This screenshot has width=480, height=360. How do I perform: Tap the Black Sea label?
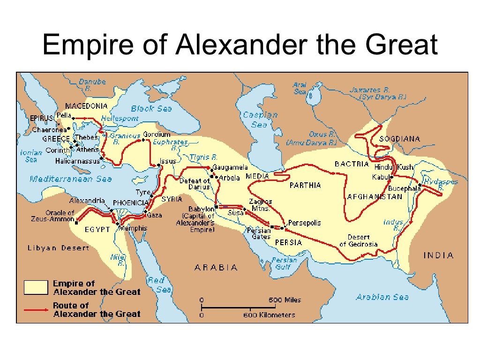[x=151, y=108]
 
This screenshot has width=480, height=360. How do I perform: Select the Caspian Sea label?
[x=260, y=120]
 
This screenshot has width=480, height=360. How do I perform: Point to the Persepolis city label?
[x=304, y=223]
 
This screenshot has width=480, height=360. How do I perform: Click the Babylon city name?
[x=201, y=209]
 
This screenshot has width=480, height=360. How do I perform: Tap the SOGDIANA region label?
[x=399, y=139]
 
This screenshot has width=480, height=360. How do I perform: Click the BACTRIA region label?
[x=352, y=164]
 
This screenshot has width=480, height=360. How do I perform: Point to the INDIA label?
[x=438, y=255]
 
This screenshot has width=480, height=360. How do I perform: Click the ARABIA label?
[x=216, y=267]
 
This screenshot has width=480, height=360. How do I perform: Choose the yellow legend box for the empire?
[x=36, y=287]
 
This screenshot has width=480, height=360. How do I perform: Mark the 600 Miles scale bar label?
[x=285, y=300]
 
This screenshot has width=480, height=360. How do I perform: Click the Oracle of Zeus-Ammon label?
[x=60, y=216]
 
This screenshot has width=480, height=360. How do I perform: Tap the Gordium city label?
[x=156, y=134]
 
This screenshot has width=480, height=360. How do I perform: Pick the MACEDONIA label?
[x=86, y=105]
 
